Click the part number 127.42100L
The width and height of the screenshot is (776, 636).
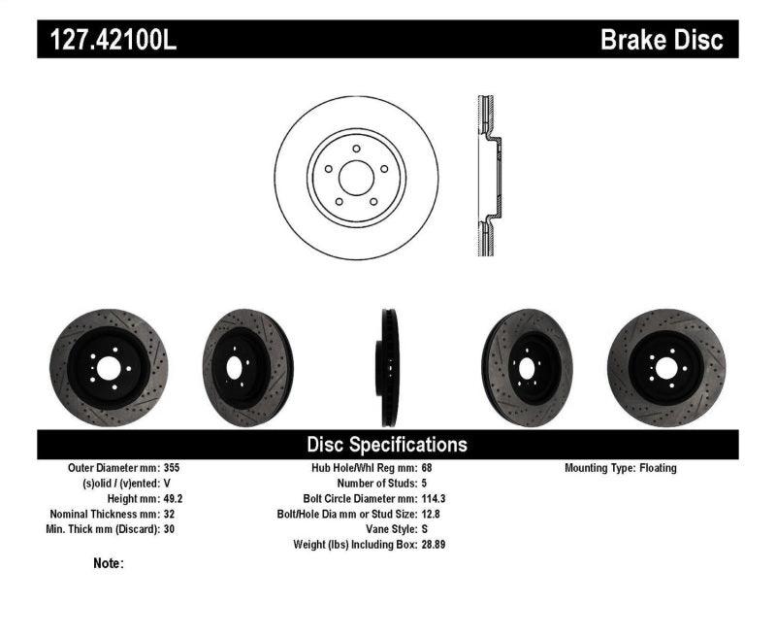tap(107, 40)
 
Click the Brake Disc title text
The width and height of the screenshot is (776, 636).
tap(662, 40)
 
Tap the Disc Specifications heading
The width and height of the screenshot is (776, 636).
tap(387, 445)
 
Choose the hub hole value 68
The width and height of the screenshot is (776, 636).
tap(427, 468)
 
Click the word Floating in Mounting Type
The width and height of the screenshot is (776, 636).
tap(658, 468)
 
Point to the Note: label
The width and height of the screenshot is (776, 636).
tap(109, 563)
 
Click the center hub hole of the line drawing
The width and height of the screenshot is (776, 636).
tap(356, 177)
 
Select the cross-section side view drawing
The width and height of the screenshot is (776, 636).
tap(490, 176)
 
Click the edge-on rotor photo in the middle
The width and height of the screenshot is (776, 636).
tap(388, 368)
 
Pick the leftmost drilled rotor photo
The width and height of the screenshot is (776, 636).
tap(109, 368)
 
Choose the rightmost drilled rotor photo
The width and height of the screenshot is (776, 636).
tap(666, 368)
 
